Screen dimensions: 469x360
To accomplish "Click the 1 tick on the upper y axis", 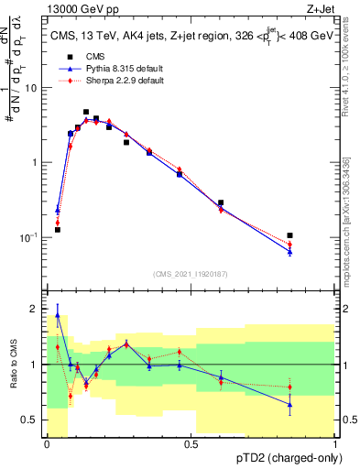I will (38, 162).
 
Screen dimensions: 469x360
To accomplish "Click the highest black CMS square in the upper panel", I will (86, 112).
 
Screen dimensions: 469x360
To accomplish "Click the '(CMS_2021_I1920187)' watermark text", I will (191, 272).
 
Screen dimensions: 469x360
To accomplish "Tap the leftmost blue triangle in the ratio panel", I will (58, 315).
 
